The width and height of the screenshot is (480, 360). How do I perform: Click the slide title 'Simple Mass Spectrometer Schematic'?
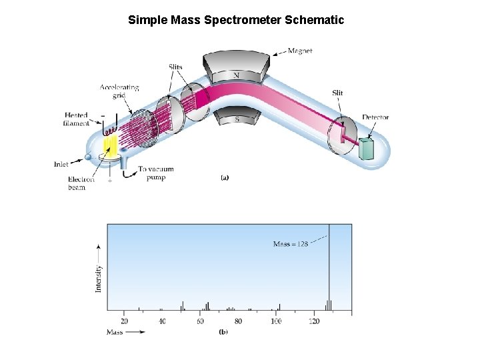click(x=236, y=20)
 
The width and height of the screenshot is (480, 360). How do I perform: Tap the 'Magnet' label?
click(x=300, y=51)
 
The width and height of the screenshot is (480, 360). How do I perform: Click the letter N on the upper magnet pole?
click(x=237, y=75)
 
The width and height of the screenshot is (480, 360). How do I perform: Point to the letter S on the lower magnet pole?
click(x=237, y=119)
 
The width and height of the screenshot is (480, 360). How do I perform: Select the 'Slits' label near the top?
click(x=175, y=67)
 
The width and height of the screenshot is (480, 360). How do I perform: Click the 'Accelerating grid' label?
click(x=119, y=91)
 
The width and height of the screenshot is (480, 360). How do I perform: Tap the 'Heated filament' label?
click(x=76, y=119)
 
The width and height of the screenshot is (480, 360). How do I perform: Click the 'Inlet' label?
click(x=61, y=164)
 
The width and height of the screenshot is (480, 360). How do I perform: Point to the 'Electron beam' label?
click(x=81, y=183)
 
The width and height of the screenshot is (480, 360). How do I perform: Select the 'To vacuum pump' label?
click(x=155, y=173)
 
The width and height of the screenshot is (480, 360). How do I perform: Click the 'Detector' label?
click(x=375, y=117)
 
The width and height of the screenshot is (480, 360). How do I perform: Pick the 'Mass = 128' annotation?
click(x=291, y=244)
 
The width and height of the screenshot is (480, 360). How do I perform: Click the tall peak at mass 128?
click(x=329, y=267)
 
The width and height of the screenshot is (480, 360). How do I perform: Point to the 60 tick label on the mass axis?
click(x=201, y=321)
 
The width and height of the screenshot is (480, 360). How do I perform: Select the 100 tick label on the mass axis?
click(x=276, y=321)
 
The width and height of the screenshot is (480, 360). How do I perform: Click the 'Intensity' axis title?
click(x=99, y=278)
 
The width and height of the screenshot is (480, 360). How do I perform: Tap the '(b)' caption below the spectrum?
click(x=223, y=331)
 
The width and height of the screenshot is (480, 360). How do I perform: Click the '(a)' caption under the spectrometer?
click(x=225, y=178)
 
